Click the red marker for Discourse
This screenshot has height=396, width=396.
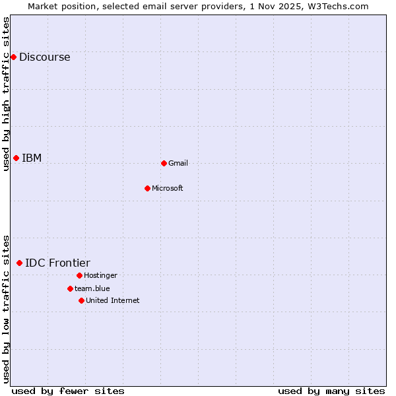13,57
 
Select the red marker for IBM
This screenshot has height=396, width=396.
16,158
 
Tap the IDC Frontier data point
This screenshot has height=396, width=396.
19,263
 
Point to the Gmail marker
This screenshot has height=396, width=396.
164,163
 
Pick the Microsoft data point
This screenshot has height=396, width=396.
147,188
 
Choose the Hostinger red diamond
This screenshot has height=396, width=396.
79,275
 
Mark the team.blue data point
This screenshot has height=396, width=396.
70,288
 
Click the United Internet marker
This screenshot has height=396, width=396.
81,300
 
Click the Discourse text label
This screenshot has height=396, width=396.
45,57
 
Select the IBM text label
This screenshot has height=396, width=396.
32,158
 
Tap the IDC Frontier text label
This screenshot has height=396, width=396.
57,263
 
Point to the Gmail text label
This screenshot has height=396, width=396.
178,163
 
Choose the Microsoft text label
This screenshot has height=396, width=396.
168,188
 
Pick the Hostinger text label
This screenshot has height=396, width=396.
100,275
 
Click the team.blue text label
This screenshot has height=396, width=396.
92,288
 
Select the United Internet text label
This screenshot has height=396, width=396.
113,300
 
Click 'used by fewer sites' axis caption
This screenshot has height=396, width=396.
68,391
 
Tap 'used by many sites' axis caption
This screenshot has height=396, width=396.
331,391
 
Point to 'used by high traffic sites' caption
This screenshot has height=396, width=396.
7,94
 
